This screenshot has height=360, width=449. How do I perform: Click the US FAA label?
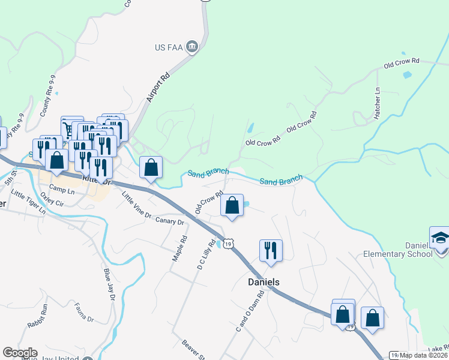pyautogui.click(x=169, y=47)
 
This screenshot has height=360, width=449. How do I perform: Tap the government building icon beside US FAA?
pyautogui.click(x=192, y=47)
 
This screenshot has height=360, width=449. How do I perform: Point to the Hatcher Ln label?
pyautogui.click(x=378, y=103)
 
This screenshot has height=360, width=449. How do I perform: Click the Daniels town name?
pyautogui.click(x=264, y=281)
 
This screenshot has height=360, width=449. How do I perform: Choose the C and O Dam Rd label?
pyautogui.click(x=251, y=311)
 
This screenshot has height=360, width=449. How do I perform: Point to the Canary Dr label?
pyautogui.click(x=170, y=221)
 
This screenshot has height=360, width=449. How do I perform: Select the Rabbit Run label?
pyautogui.click(x=37, y=316)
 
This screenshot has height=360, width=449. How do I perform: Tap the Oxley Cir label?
pyautogui.click(x=52, y=203)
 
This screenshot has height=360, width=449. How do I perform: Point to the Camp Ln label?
pyautogui.click(x=62, y=191)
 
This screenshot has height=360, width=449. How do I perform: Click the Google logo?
pyautogui.click(x=20, y=353)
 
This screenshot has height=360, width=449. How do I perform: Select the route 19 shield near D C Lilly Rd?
pyautogui.click(x=228, y=243)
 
